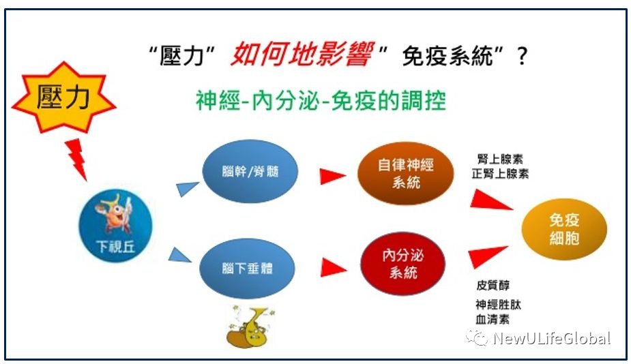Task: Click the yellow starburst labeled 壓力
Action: [x=63, y=97]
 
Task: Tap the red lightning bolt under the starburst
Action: [x=77, y=159]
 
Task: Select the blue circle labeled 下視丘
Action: [x=115, y=226]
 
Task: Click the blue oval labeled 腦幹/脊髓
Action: [x=250, y=171]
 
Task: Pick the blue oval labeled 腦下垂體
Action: [x=247, y=267]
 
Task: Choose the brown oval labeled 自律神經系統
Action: [x=406, y=173]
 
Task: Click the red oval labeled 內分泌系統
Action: [x=403, y=263]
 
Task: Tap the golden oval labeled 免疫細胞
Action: [x=564, y=229]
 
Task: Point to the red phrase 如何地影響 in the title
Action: [x=302, y=54]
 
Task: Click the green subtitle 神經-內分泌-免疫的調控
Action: [x=321, y=101]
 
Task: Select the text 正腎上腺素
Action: [x=500, y=174]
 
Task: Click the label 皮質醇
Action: [x=493, y=285]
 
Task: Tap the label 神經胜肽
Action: [x=498, y=305]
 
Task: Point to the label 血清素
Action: [x=493, y=320]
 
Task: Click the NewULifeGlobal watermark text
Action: [x=552, y=338]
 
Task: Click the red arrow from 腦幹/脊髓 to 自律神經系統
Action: [x=333, y=176]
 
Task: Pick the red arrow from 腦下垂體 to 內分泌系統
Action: [x=334, y=267]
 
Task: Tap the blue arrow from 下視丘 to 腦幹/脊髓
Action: [x=187, y=189]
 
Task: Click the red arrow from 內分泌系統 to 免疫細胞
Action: [x=487, y=256]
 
